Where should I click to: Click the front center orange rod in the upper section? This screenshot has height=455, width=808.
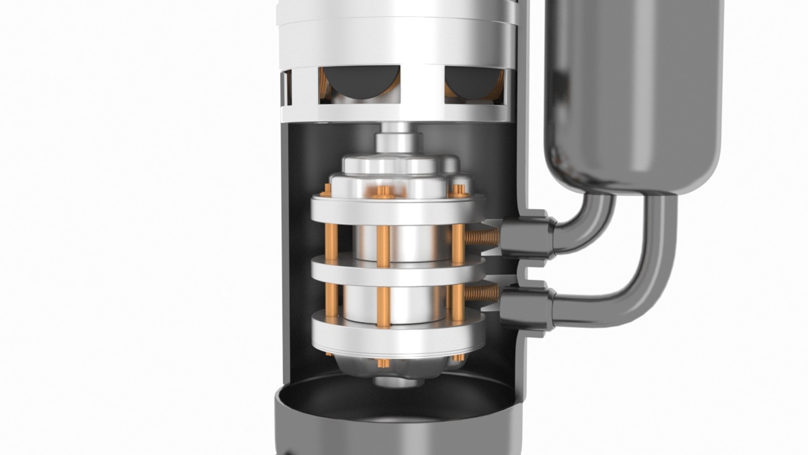383,246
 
